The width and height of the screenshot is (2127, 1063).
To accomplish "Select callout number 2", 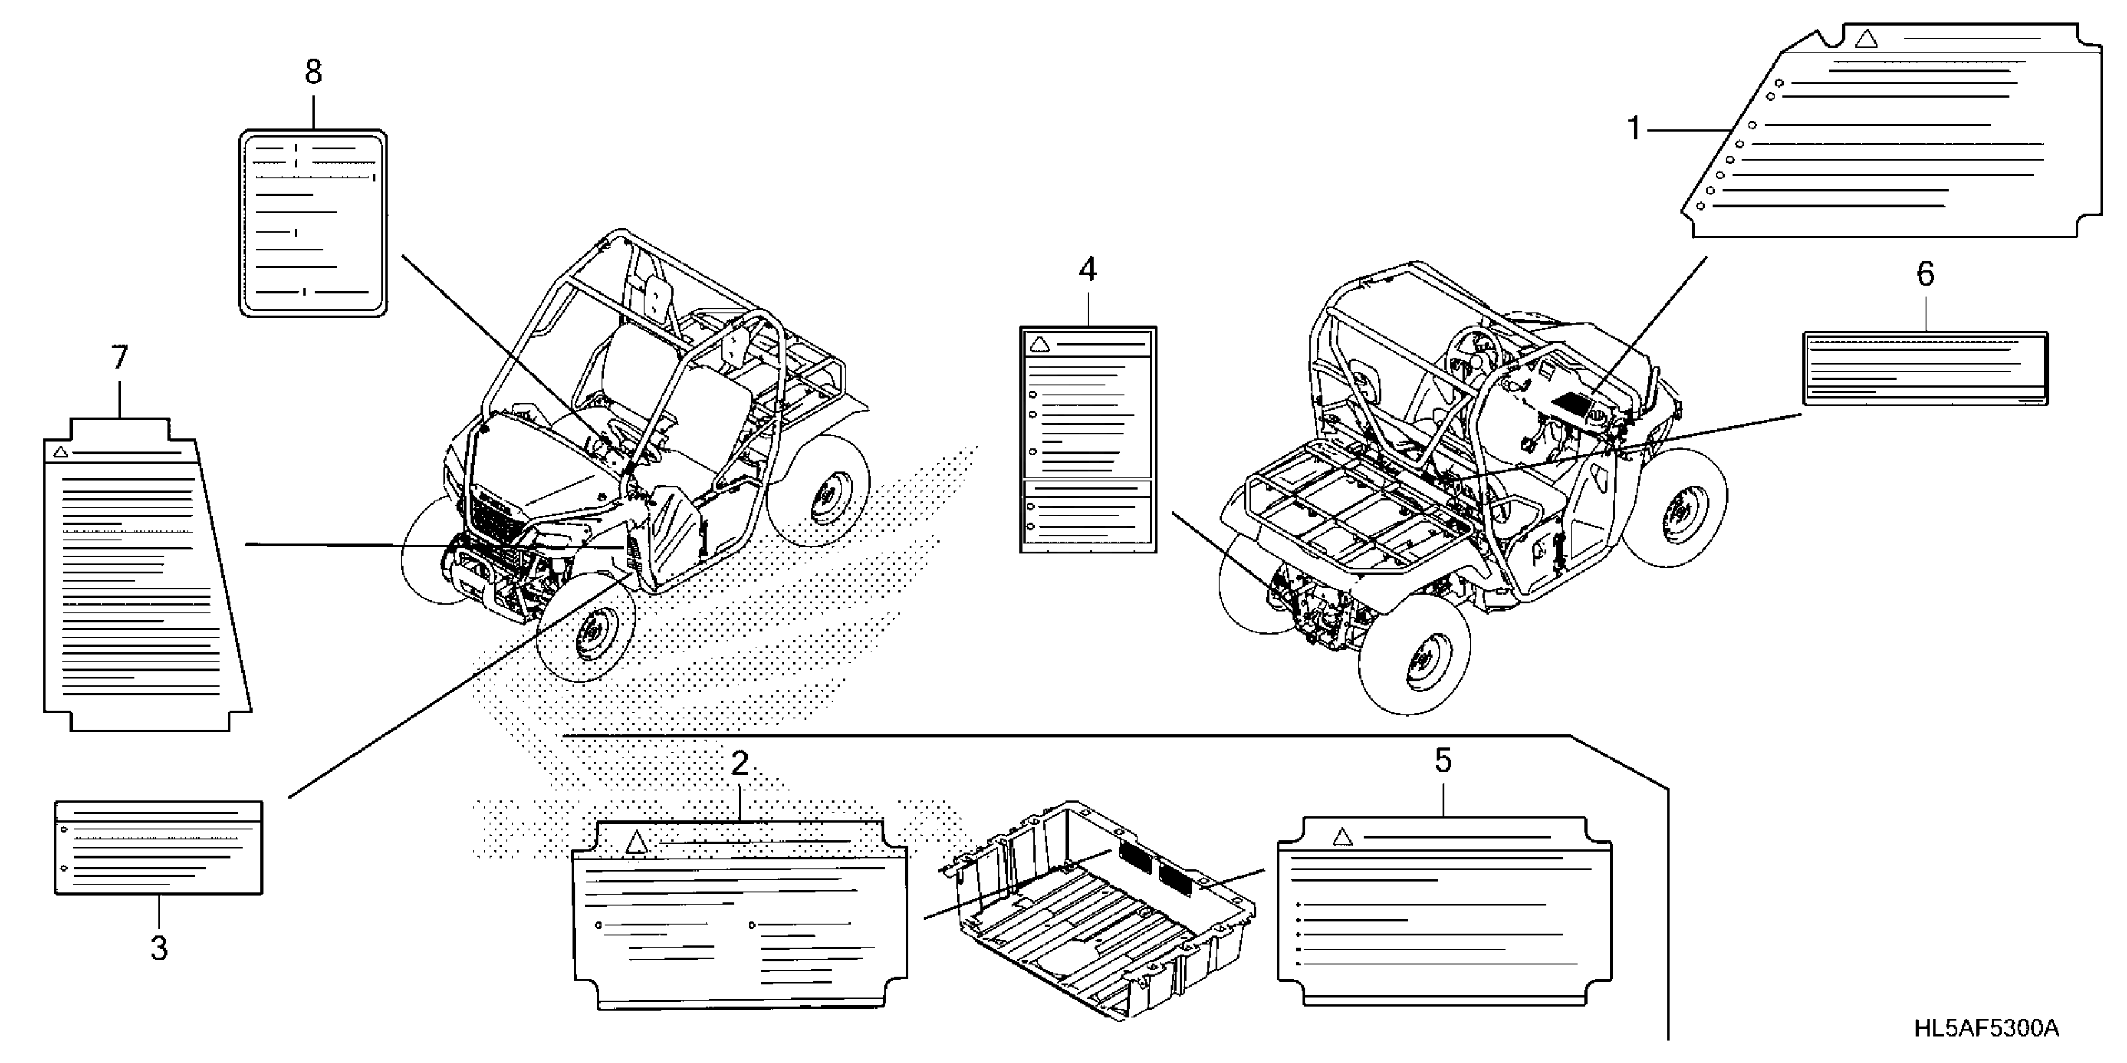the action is tap(739, 764).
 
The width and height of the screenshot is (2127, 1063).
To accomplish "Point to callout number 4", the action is tap(1087, 270).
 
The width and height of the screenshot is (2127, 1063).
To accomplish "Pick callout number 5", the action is tap(1443, 761).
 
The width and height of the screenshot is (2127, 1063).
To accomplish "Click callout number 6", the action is tap(1925, 274).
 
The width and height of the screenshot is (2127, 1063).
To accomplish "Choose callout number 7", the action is tap(119, 358).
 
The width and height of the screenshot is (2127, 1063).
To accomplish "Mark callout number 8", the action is tap(313, 73).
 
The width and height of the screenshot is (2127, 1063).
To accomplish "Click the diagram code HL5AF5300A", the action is tap(1986, 1029).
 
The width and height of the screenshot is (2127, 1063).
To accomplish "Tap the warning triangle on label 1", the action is tap(1867, 39).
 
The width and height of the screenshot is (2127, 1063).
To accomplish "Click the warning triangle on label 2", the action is tap(635, 843).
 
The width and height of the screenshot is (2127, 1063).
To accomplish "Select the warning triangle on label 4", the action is tap(1040, 343).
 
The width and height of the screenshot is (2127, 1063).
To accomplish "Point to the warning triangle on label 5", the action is tap(1343, 838).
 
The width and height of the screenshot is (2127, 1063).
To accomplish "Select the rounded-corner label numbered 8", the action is tap(313, 223).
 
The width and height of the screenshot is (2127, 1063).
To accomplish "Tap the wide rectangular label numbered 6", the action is tap(1925, 369).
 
